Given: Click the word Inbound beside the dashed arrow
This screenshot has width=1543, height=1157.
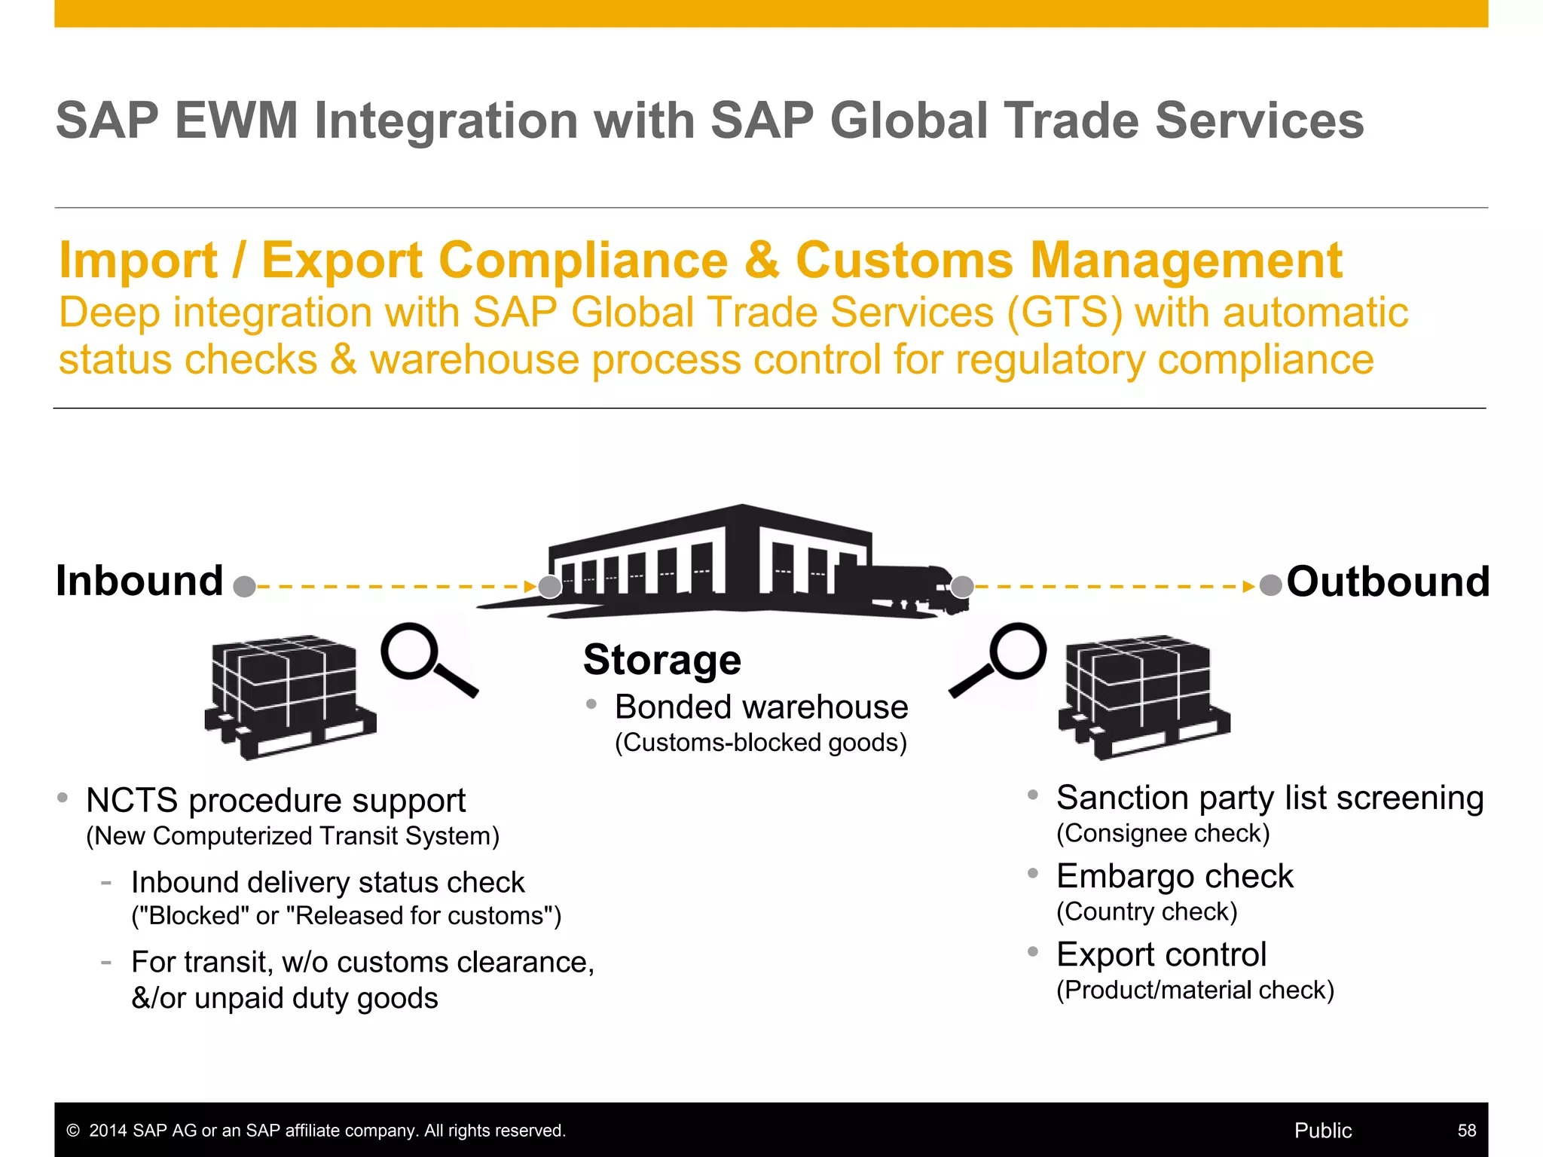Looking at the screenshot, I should click(139, 582).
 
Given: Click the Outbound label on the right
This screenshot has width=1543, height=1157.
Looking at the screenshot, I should click(1388, 582).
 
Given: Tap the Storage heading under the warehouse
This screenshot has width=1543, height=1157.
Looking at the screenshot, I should click(662, 660).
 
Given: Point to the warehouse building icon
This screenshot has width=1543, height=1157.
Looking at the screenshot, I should click(708, 561).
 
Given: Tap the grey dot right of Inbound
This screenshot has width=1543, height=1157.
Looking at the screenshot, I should click(244, 587).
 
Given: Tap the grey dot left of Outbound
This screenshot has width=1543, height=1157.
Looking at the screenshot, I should click(1270, 585).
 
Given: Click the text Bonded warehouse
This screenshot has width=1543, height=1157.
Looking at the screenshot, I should click(761, 707).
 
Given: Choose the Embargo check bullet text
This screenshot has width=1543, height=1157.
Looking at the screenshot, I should click(1174, 876).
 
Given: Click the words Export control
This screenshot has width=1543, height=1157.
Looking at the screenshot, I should click(1161, 954).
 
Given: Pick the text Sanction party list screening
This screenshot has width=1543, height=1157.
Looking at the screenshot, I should click(1270, 798).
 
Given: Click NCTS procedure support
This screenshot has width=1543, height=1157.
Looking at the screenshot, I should click(276, 801).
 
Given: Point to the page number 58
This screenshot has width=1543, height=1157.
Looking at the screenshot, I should click(1466, 1131).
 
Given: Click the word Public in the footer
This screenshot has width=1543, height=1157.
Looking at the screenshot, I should click(1322, 1131).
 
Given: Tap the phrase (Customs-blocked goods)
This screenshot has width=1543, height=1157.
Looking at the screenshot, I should click(760, 743).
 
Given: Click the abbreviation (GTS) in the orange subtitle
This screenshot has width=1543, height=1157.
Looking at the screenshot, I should click(1064, 313).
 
